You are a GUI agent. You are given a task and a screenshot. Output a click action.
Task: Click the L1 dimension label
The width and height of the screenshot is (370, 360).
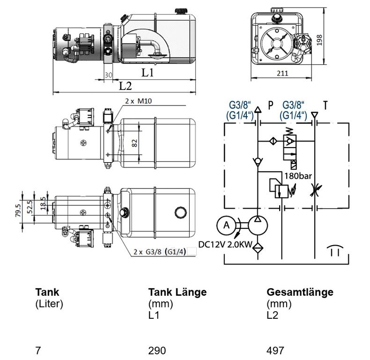tap(148, 72)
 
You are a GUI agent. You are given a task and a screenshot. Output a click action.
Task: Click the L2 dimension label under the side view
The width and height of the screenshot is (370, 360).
tap(125, 86)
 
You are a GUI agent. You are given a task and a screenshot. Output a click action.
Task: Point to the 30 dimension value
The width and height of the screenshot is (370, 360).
tap(108, 75)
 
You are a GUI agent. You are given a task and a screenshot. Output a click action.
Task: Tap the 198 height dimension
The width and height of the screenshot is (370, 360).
tap(319, 40)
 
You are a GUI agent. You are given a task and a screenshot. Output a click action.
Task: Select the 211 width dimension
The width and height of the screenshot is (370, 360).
tap(282, 74)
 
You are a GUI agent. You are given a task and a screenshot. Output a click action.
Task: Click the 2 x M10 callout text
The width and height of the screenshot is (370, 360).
tap(139, 101)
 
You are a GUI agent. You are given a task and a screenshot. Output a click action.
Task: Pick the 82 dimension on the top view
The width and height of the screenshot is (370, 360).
tap(134, 143)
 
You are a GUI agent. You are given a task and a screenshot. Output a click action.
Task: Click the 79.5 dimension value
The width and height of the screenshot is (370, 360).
tap(18, 210)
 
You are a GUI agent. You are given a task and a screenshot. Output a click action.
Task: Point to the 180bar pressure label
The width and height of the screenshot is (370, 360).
tap(298, 176)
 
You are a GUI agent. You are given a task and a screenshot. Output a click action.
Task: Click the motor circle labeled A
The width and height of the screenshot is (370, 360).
tap(226, 225)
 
